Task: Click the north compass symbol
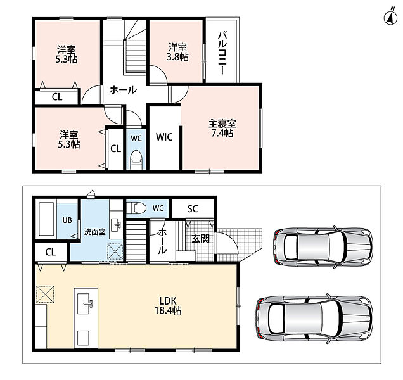pyautogui.click(x=390, y=17)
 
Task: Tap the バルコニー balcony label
pyautogui.click(x=222, y=53)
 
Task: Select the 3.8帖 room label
pyautogui.click(x=177, y=52)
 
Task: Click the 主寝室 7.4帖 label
pyautogui.click(x=222, y=128)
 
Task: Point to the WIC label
pyautogui.click(x=164, y=137)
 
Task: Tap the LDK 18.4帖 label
pyautogui.click(x=168, y=306)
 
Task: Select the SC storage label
pyautogui.click(x=193, y=208)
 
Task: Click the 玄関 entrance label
pyautogui.click(x=200, y=239)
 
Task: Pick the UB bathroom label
pyautogui.click(x=67, y=220)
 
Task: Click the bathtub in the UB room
pyautogui.click(x=46, y=219)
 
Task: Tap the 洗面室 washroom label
pyautogui.click(x=94, y=232)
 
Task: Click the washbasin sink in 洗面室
pyautogui.click(x=116, y=225)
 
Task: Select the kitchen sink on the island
pyautogui.click(x=86, y=303)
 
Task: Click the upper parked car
pyautogui.click(x=323, y=246)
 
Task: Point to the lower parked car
pyautogui.click(x=314, y=319)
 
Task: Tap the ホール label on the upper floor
pyautogui.click(x=123, y=90)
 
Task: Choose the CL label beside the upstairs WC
pyautogui.click(x=116, y=148)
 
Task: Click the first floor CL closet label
pyautogui.click(x=51, y=252)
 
